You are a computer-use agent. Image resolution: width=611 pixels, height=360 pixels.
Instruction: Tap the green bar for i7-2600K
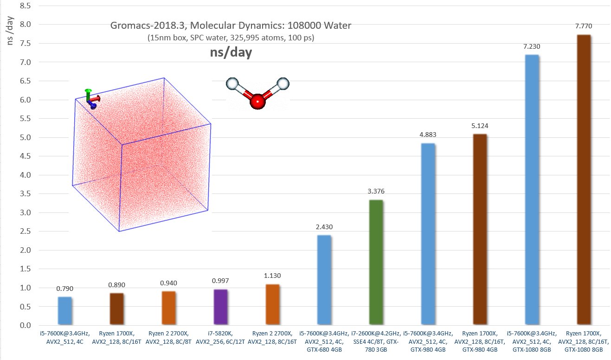[376, 263]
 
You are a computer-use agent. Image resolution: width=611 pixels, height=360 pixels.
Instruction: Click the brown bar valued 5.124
[480, 230]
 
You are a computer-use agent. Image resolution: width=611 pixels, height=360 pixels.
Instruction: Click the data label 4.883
[428, 135]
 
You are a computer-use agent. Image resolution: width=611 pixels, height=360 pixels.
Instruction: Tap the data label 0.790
[65, 289]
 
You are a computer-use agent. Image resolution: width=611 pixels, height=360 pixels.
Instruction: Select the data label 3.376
[376, 191]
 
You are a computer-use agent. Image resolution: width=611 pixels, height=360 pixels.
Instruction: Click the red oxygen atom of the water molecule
[257, 101]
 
